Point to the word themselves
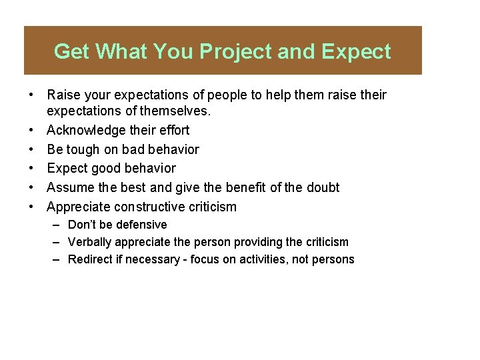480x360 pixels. coord(172,111)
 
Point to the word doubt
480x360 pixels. coord(323,188)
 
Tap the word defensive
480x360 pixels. coord(141,225)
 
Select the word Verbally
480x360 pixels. coord(90,242)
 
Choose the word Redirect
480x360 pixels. coord(91,259)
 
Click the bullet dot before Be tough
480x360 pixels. coord(32,149)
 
